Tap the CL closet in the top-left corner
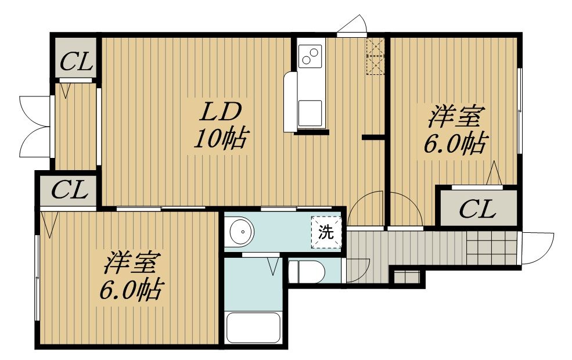[76, 57]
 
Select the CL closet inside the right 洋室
[479, 207]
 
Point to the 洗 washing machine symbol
[326, 232]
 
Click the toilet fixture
[306, 271]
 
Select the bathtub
[253, 327]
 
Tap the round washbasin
[241, 231]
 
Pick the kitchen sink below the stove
[310, 113]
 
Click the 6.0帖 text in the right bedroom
[455, 143]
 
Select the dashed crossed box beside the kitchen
[375, 56]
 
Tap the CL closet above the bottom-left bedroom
[69, 190]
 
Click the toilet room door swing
[358, 270]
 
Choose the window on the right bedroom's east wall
[520, 110]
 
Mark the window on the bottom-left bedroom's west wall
[37, 278]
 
